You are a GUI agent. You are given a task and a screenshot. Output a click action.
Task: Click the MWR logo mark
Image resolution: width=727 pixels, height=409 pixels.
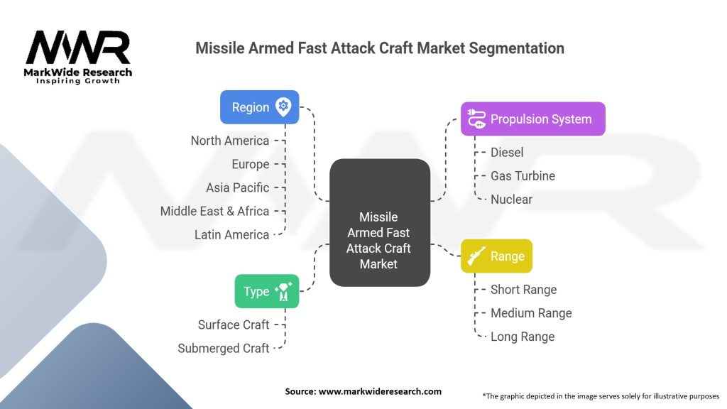78,48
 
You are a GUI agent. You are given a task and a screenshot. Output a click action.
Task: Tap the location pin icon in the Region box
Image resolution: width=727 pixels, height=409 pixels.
283,107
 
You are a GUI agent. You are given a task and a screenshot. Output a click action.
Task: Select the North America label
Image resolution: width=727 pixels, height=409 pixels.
230,141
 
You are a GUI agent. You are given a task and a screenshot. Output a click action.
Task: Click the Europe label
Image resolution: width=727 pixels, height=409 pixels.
251,164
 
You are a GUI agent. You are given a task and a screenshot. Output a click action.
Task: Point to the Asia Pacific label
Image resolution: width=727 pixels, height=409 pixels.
237,187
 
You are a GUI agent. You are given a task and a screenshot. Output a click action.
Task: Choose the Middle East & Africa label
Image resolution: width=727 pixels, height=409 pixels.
214,211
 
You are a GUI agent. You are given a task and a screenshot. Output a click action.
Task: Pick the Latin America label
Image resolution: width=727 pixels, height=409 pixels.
232,234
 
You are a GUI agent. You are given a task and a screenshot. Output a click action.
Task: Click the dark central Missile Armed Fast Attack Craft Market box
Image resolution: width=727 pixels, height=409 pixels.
380,222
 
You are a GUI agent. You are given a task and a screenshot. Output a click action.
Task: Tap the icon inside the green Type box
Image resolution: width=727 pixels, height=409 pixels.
283,291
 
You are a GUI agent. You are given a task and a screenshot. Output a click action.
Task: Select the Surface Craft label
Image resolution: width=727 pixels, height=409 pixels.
233,325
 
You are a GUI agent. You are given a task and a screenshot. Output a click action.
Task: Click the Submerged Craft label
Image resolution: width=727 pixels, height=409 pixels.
224,348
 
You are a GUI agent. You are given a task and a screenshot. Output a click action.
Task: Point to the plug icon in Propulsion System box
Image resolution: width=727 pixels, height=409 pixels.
476,119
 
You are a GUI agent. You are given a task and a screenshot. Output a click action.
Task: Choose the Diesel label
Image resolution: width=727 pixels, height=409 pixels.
507,153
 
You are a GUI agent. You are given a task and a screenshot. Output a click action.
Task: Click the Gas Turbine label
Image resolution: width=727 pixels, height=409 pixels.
523,176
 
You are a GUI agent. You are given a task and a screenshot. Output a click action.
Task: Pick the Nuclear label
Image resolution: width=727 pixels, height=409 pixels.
511,200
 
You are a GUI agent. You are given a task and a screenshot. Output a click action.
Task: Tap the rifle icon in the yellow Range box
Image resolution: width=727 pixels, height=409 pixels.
476,256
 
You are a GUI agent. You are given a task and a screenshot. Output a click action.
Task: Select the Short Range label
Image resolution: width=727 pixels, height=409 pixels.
523,290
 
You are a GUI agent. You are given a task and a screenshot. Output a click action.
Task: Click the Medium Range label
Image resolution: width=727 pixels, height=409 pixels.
531,313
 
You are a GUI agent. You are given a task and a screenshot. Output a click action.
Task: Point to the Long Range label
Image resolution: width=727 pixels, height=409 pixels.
523,337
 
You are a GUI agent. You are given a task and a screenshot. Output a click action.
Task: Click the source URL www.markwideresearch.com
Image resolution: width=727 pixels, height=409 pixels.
380,391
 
